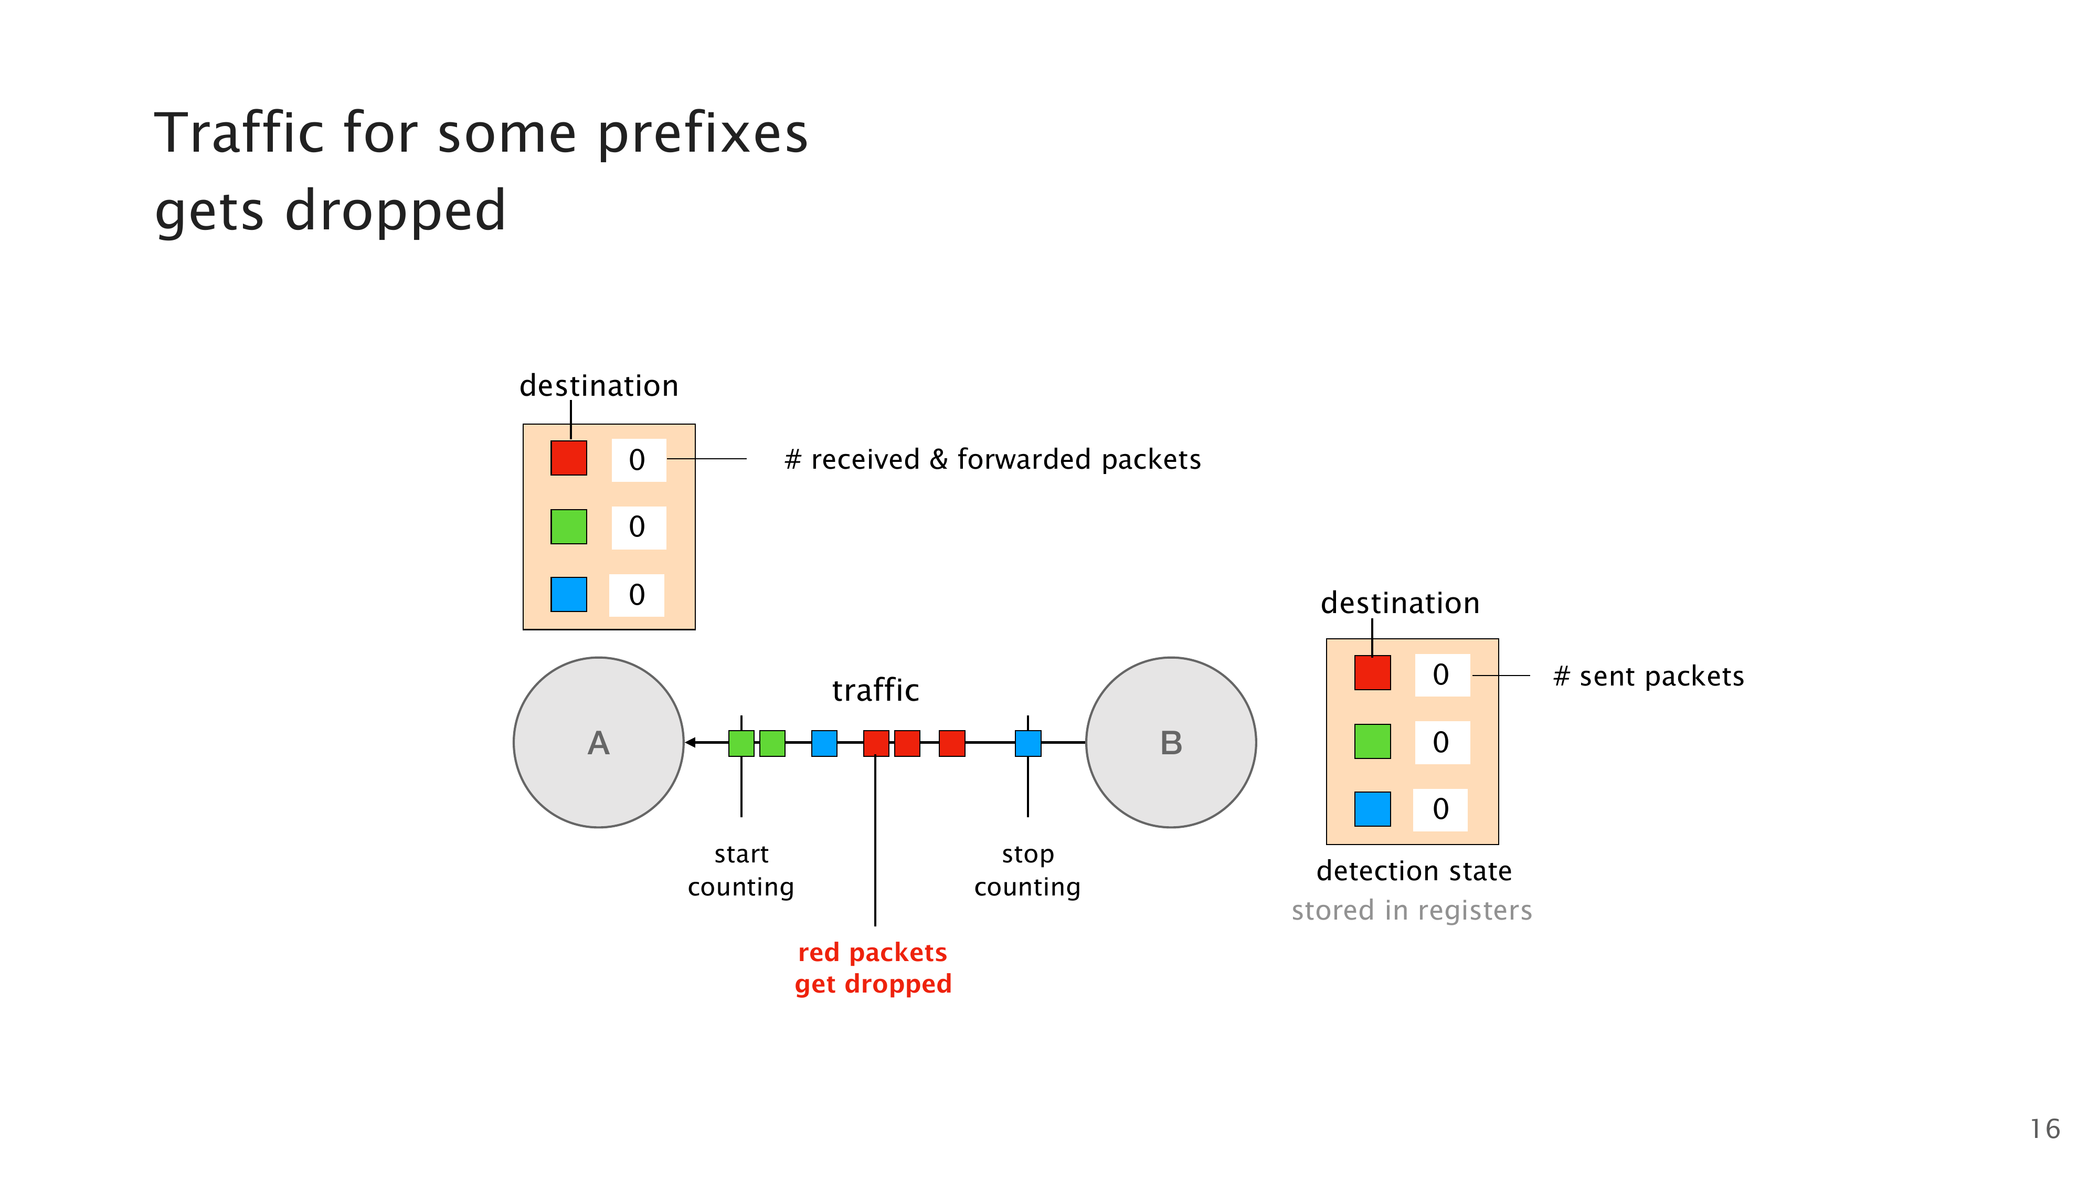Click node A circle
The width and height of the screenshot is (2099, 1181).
coord(598,743)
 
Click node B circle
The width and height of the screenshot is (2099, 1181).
coord(1171,743)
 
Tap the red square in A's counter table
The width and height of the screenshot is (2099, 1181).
coord(569,458)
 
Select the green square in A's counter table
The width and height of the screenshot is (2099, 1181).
coord(569,526)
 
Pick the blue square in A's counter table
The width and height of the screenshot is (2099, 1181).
coord(569,594)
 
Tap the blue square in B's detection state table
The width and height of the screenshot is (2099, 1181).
coord(1372,809)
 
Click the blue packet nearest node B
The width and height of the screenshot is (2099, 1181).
coord(1027,743)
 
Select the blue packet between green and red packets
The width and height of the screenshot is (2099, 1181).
coord(824,743)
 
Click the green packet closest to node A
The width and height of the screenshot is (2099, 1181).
coord(740,743)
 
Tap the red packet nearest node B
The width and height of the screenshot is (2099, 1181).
coord(952,743)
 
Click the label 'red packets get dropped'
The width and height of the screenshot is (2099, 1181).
coord(873,968)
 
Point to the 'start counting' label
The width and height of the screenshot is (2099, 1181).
coord(740,870)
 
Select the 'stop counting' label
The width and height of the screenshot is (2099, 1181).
coord(1027,870)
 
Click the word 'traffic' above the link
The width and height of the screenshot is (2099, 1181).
coord(875,690)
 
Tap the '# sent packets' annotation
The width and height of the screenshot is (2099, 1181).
coord(1648,677)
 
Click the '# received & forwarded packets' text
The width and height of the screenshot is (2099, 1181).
coord(992,460)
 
